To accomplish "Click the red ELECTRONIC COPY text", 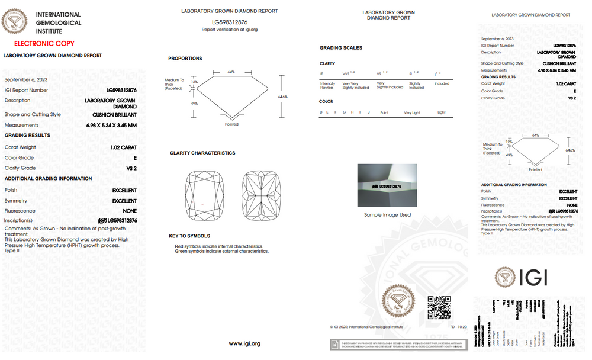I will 44,44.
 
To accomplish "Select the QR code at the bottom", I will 439,308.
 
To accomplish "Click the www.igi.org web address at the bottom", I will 244,343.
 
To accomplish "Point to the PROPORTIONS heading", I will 185,59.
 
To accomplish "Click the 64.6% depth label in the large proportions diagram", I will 282,97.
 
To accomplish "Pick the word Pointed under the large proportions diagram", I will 232,125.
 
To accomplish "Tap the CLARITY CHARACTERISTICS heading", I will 202,153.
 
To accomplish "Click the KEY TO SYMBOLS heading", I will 189,236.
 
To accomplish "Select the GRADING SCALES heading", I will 341,48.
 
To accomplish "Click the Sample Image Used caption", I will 387,215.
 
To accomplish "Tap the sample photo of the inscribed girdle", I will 387,185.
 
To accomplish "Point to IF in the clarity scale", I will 322,74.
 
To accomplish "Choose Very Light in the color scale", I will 411,112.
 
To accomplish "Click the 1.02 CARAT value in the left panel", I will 123,147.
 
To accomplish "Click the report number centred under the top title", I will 229,22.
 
